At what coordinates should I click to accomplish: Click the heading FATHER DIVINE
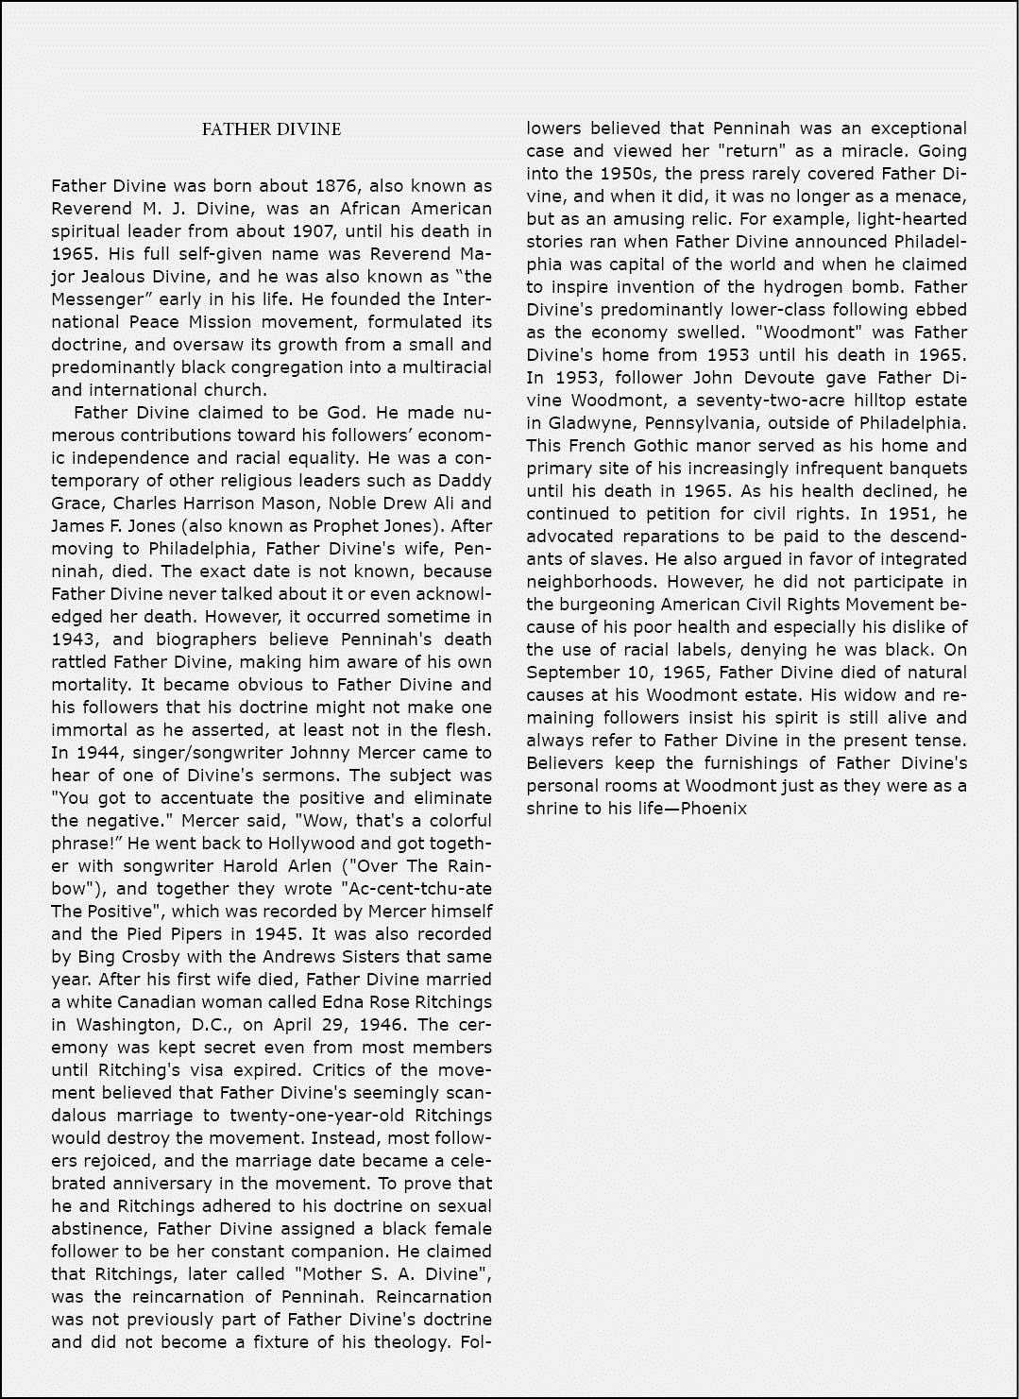point(271,129)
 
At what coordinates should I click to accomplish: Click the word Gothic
point(650,446)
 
